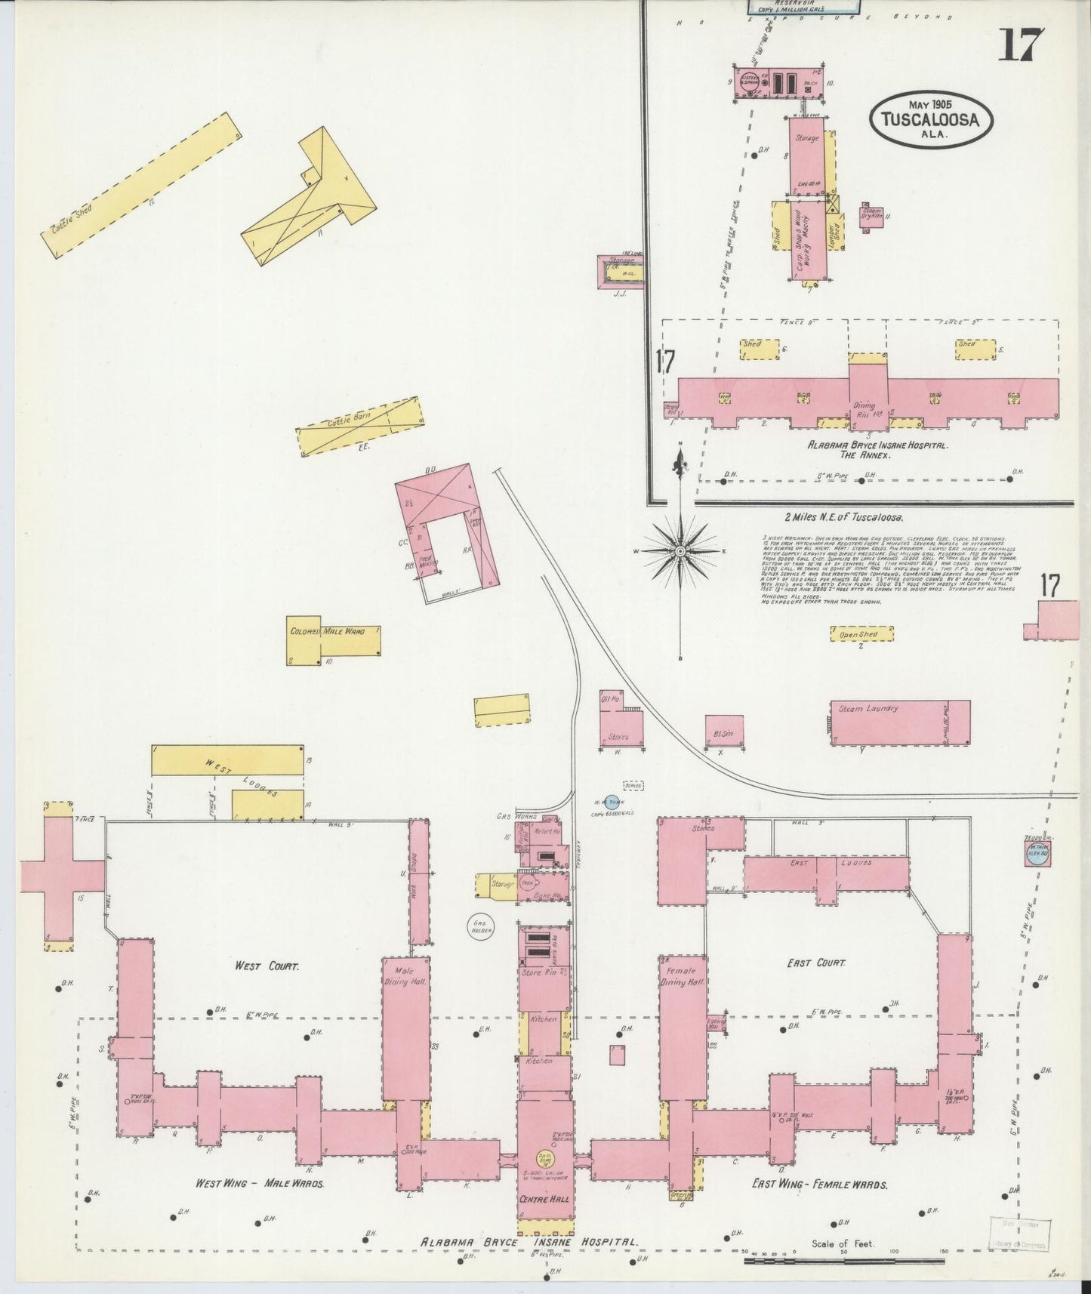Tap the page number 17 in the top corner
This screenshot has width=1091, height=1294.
point(1023,45)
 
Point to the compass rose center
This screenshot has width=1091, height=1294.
point(680,551)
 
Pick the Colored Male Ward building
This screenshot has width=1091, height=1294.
point(333,641)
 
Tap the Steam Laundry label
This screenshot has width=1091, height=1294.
point(868,709)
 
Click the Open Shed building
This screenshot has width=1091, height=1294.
point(861,634)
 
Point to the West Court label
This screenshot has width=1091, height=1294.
point(267,966)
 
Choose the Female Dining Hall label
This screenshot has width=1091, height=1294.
point(683,976)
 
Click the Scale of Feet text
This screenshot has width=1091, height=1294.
point(843,1243)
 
